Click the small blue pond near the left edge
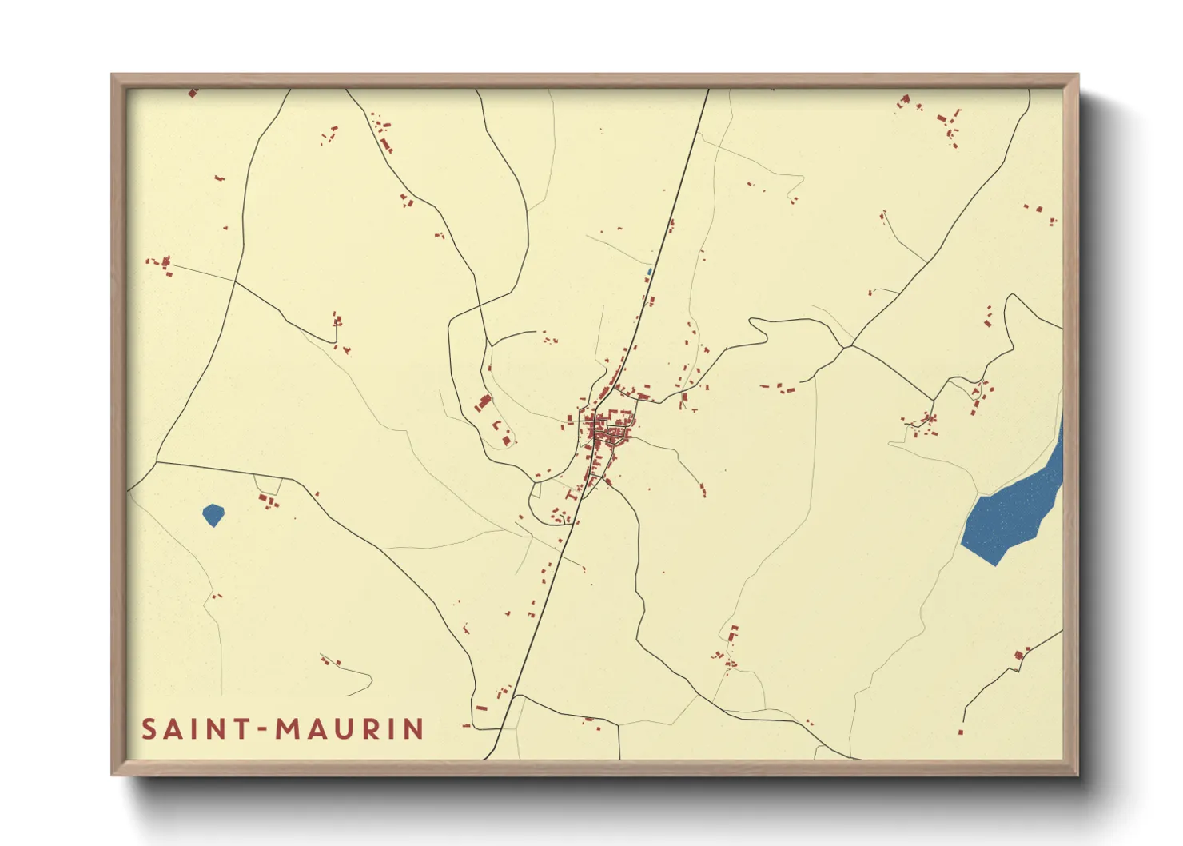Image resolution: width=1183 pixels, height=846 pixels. (x=213, y=515)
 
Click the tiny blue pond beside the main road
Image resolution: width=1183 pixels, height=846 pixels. (x=650, y=272)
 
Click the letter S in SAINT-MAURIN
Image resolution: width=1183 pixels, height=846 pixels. (x=149, y=729)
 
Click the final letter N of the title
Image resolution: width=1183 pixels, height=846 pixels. (x=413, y=729)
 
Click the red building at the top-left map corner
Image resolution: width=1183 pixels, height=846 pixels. (x=193, y=94)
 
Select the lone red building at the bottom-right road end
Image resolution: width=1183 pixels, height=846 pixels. (x=960, y=731)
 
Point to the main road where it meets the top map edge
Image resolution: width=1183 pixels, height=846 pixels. (x=707, y=90)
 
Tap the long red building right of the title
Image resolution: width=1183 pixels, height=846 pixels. (x=481, y=708)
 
